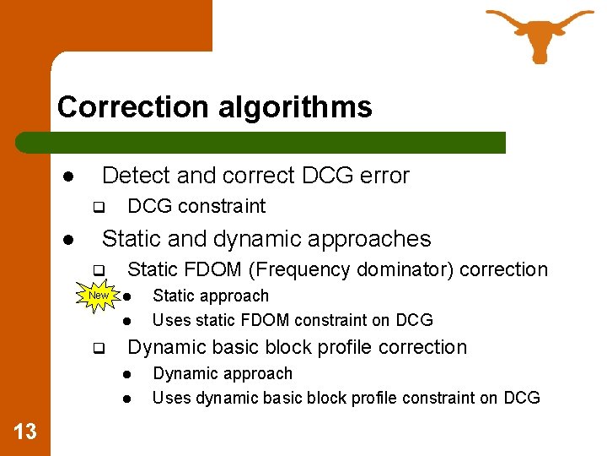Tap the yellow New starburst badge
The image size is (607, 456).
pos(99,296)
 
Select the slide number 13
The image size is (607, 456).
pos(25,432)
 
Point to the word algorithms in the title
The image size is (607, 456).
pos(293,107)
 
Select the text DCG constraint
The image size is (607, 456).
pos(196,206)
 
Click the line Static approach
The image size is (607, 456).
pos(210,296)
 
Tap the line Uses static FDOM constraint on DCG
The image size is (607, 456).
pos(292,320)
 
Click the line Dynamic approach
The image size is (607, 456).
pos(222,373)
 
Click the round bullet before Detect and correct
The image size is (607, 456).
pos(66,176)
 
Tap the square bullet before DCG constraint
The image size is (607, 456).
pos(97,207)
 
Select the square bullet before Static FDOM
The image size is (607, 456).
pos(97,271)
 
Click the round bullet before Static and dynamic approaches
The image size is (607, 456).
pos(66,240)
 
